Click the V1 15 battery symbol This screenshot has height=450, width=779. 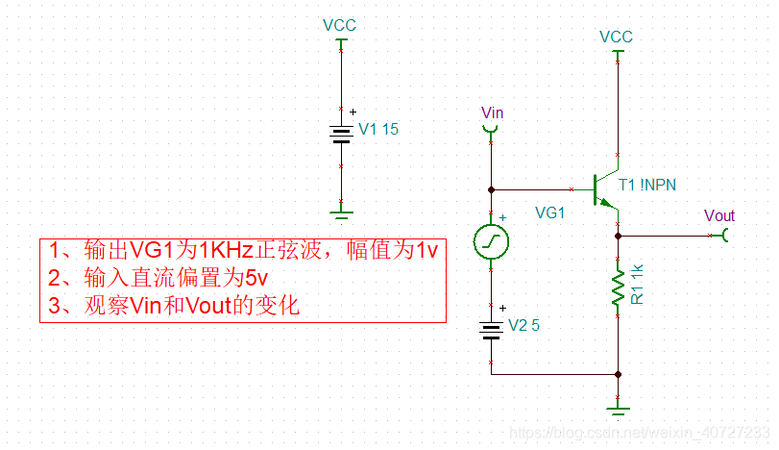pos(339,134)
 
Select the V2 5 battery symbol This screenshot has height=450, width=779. pos(491,330)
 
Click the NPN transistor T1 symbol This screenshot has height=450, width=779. pos(605,187)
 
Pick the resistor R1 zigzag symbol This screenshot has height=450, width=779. pos(618,287)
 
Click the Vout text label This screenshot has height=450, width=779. pos(718,215)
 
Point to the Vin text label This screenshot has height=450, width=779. pos(492,112)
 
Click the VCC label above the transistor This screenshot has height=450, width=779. pos(616,37)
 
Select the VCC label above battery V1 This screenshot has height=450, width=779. pos(339,24)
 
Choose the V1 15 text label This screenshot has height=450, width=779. pos(378,129)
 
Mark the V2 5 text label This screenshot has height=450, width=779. pos(523,325)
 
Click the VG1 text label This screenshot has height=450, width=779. pos(549,213)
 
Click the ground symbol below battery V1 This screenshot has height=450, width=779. pos(339,212)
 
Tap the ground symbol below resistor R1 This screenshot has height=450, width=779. pos(618,408)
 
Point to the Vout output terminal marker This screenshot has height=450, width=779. pos(727,235)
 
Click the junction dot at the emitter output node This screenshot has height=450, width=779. pos(618,235)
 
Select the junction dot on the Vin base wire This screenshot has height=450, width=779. pos(491,188)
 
